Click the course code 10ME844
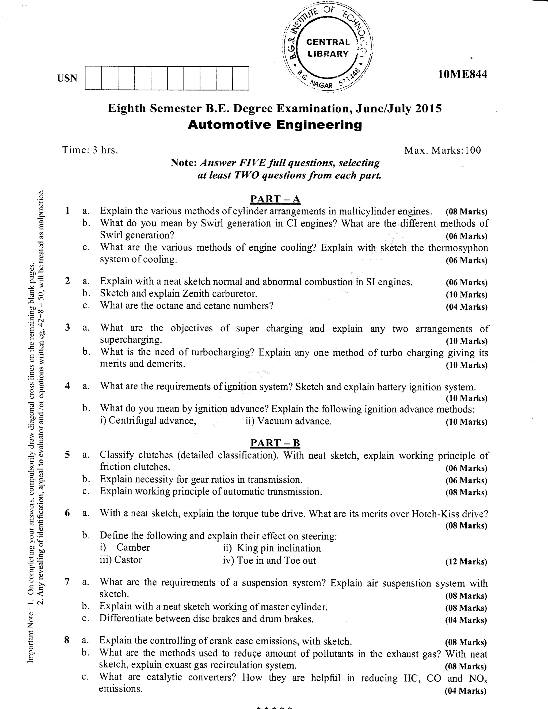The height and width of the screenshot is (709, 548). (x=462, y=75)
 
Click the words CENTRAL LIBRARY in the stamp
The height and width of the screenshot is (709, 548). (x=328, y=48)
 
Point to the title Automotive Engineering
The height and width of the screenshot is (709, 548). (x=275, y=125)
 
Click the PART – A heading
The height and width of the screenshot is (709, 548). (x=275, y=199)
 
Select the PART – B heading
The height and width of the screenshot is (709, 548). (x=275, y=443)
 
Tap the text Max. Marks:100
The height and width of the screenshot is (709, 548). (x=442, y=150)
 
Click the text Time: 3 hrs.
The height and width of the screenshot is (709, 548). (x=90, y=150)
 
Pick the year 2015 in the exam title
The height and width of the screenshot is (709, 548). (x=428, y=108)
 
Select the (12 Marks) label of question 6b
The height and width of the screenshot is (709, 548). (x=466, y=562)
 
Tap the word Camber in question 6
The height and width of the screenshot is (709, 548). (x=133, y=547)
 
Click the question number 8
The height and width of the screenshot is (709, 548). (x=67, y=640)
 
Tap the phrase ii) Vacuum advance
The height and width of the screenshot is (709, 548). (x=288, y=421)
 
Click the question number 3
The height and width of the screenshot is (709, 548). (x=67, y=327)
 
